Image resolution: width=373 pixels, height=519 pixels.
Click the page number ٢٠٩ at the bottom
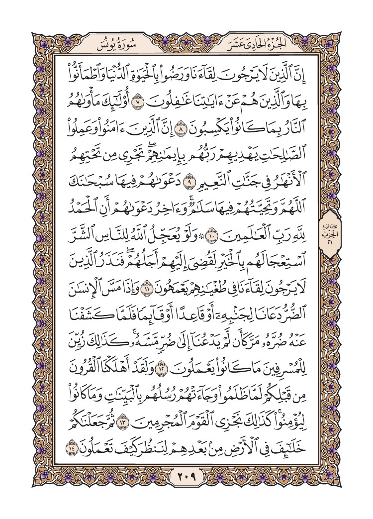click(186, 478)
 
